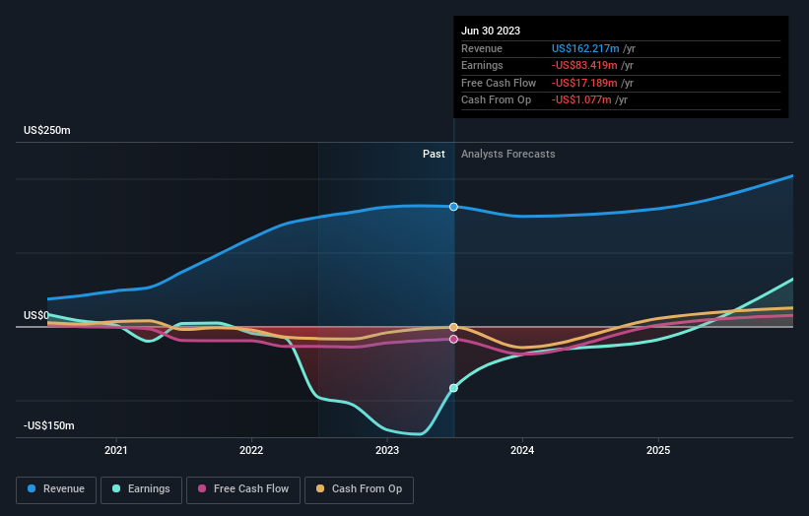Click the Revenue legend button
pos(56,488)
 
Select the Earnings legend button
pos(141,488)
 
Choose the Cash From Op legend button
pos(359,488)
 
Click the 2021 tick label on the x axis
pos(116,450)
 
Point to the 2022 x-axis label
pos(251,450)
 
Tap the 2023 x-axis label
pos(387,450)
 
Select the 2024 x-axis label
pos(522,450)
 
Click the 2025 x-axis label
pos(658,450)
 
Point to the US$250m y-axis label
pos(47,130)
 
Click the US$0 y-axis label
pos(36,315)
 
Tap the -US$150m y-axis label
pos(49,425)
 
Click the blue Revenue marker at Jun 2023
pos(453,207)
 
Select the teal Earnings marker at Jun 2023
pos(453,388)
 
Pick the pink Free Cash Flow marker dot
pos(453,339)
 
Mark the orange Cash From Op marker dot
pos(453,327)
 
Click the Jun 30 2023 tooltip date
pos(488,31)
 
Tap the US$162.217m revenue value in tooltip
pos(586,48)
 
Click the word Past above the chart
pos(434,154)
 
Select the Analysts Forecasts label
pos(507,154)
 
